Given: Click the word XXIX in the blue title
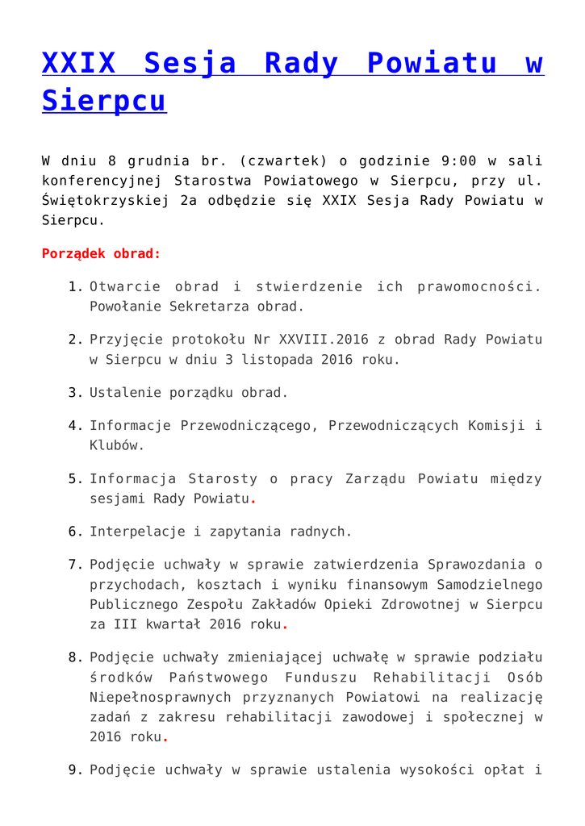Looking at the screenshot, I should coord(78,63).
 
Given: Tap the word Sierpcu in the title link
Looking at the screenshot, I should coord(103,101).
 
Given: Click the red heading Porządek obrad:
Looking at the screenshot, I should coord(101,253).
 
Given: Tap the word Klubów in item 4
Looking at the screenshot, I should coord(117,444).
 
